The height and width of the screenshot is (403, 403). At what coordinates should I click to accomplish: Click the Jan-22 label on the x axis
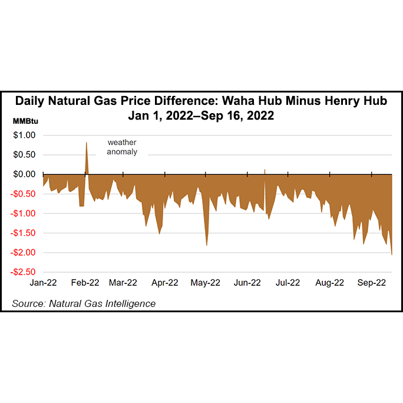[43, 283]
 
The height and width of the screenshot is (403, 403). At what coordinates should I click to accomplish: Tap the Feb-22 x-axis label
[85, 283]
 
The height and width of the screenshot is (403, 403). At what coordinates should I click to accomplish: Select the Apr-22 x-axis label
[165, 283]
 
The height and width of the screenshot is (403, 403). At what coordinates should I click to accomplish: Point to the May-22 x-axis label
[206, 283]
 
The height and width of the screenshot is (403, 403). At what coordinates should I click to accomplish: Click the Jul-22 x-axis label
[287, 283]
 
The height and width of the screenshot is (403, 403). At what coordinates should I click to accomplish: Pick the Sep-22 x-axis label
[372, 283]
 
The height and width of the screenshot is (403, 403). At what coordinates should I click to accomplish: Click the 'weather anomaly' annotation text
[122, 147]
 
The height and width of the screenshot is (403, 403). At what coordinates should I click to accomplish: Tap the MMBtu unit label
[27, 121]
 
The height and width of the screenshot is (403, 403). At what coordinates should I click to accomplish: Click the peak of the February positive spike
[87, 143]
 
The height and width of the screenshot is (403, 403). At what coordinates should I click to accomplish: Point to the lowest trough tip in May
[207, 245]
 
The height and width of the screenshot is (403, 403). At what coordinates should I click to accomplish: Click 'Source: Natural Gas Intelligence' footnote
[84, 303]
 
